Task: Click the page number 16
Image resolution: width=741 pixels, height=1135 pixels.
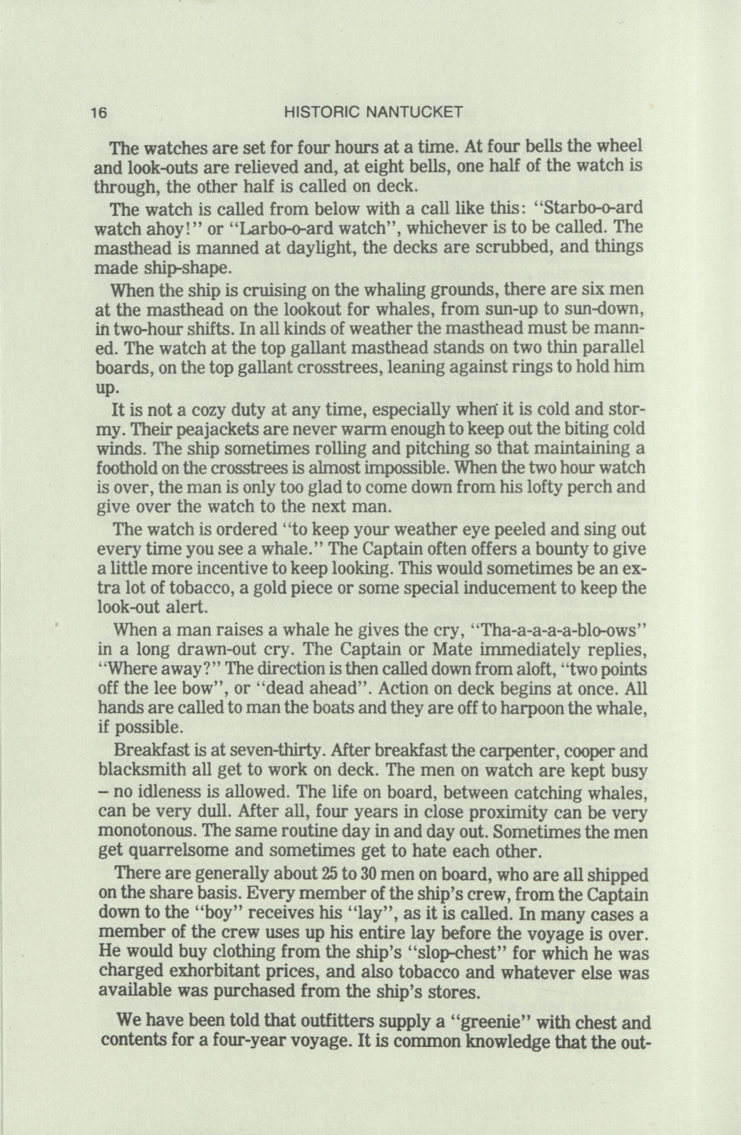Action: pos(101,113)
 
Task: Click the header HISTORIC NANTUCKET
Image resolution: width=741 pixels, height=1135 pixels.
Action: pos(373,113)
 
